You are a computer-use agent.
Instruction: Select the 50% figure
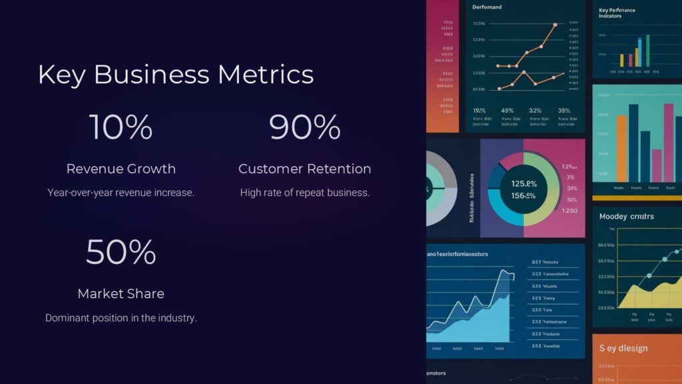[121, 251]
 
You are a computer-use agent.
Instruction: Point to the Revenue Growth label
[121, 169]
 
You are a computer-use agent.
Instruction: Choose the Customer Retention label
[304, 169]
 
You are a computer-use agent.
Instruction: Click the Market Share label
[121, 293]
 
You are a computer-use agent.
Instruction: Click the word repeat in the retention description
[306, 193]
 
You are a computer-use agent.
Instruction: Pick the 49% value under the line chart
[507, 111]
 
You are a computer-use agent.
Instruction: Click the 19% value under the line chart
[479, 111]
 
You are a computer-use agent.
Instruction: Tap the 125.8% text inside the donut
[523, 183]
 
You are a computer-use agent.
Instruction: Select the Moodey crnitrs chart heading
[626, 217]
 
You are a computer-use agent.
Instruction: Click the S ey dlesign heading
[623, 348]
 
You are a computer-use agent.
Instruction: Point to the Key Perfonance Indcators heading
[617, 13]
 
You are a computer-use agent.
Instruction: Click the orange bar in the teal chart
[622, 148]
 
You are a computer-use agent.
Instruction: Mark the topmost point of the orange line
[555, 25]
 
